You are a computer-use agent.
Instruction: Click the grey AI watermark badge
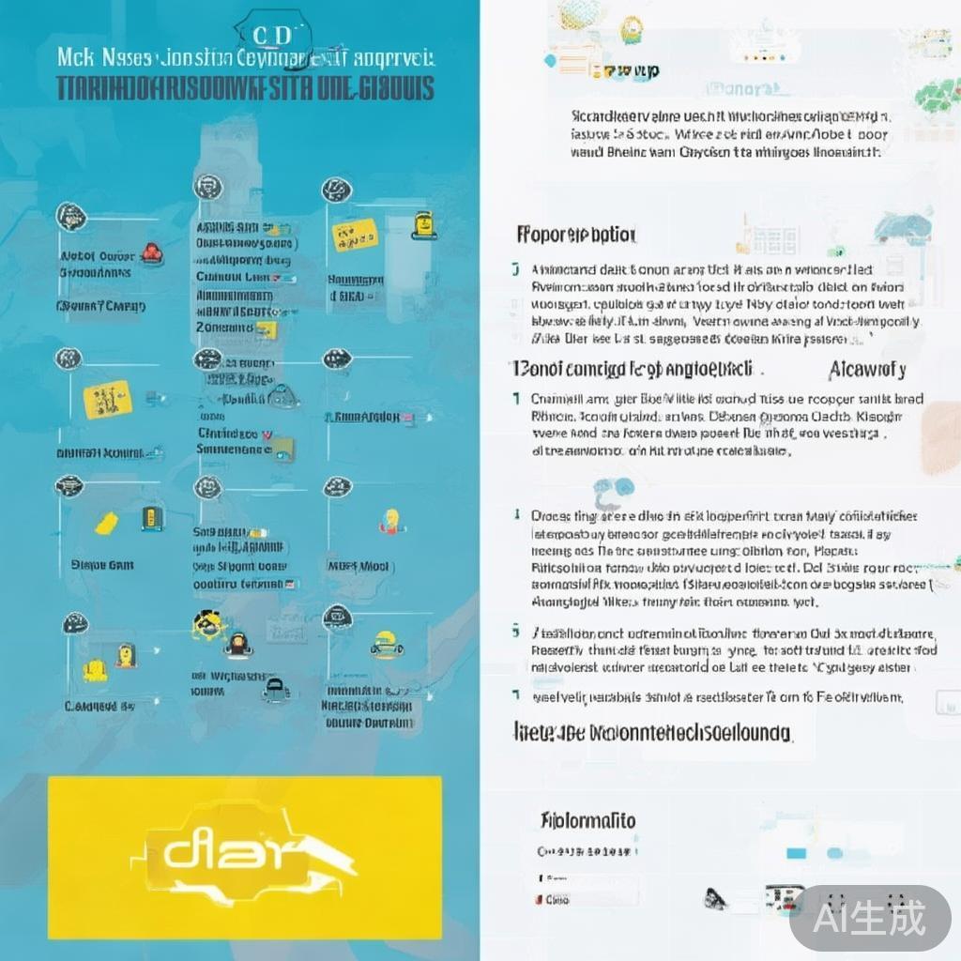click(870, 917)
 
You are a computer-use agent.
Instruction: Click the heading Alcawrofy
click(867, 369)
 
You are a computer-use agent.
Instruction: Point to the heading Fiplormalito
click(588, 820)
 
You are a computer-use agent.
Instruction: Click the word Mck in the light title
click(75, 56)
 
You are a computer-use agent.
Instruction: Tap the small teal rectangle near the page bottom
click(797, 852)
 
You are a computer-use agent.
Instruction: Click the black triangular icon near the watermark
click(716, 898)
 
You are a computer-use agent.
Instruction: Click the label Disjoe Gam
click(102, 565)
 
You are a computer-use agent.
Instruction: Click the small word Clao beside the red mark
click(557, 899)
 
